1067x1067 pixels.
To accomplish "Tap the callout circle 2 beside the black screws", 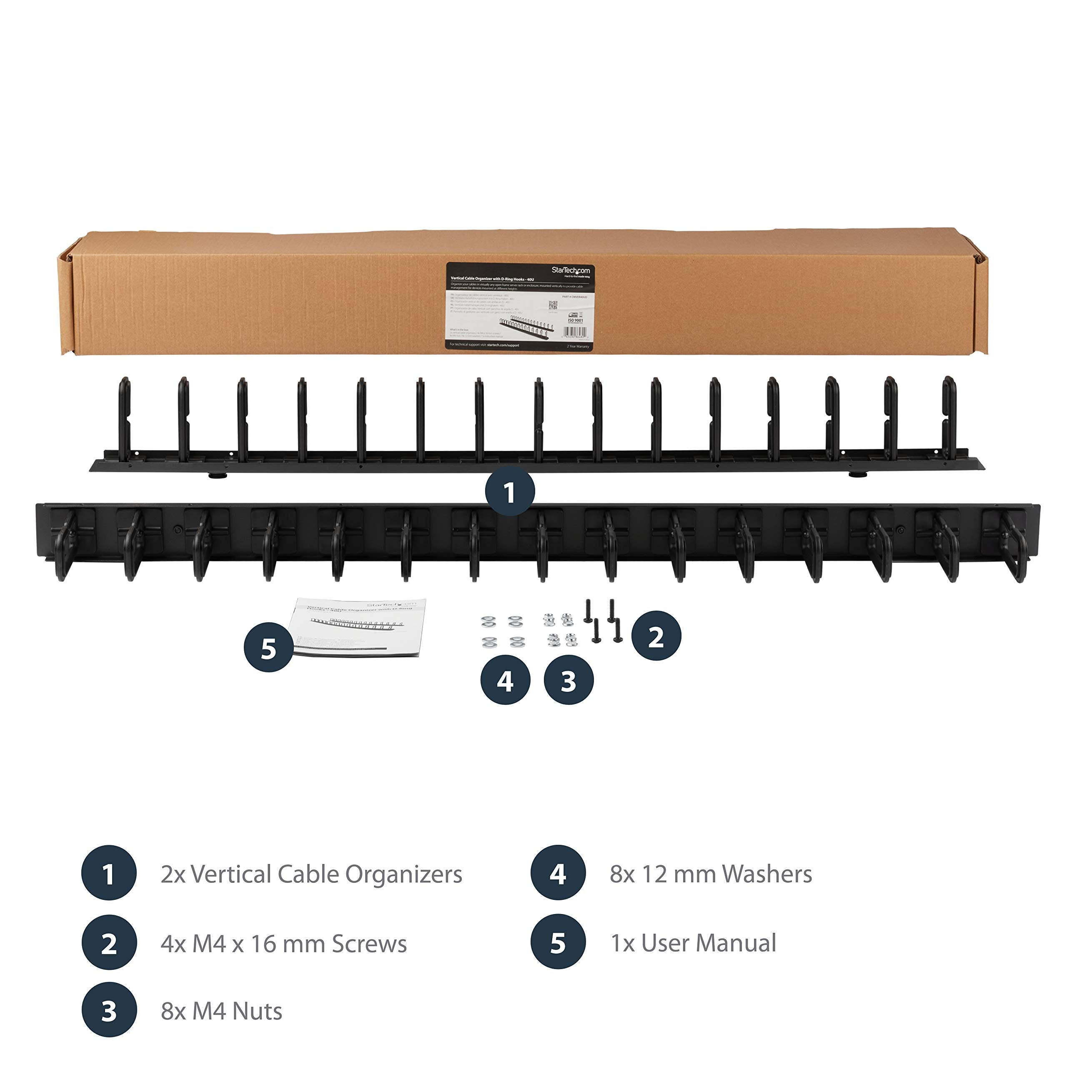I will coord(656,637).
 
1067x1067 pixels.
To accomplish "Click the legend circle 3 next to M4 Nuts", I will coord(109,1011).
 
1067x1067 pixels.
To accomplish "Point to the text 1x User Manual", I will coord(693,943).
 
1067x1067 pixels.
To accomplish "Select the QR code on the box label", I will coord(553,306).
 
